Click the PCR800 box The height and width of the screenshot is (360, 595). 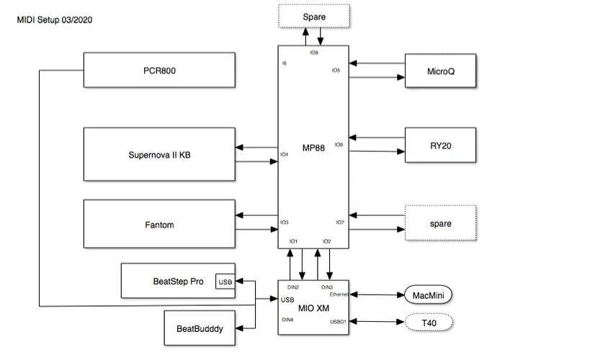pos(159,70)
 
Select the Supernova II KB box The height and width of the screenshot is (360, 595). pos(159,154)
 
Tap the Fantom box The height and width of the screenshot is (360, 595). pos(159,225)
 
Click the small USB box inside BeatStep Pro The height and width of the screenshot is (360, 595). pos(225,282)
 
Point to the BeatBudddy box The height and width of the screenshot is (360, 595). pos(200,328)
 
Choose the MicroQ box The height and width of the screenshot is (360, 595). pos(440,71)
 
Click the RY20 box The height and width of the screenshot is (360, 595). pos(440,145)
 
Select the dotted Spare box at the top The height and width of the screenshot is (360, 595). pos(314,16)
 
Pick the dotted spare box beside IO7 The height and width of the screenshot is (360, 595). pos(440,223)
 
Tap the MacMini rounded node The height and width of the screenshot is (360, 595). pos(429,294)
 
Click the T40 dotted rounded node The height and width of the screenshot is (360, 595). pos(429,323)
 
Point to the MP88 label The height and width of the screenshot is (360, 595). pos(314,147)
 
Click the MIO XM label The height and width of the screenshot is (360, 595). pos(314,308)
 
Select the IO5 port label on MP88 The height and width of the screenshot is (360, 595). pos(336,70)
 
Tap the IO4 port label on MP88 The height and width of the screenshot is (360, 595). pos(285,154)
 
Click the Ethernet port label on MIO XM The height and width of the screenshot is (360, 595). pos(339,294)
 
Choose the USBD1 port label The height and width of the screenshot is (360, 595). pos(339,322)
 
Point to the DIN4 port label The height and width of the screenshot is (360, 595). pos(287,319)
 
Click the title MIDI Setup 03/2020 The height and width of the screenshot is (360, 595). pos(54,19)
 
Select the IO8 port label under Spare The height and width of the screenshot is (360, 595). pos(314,53)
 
